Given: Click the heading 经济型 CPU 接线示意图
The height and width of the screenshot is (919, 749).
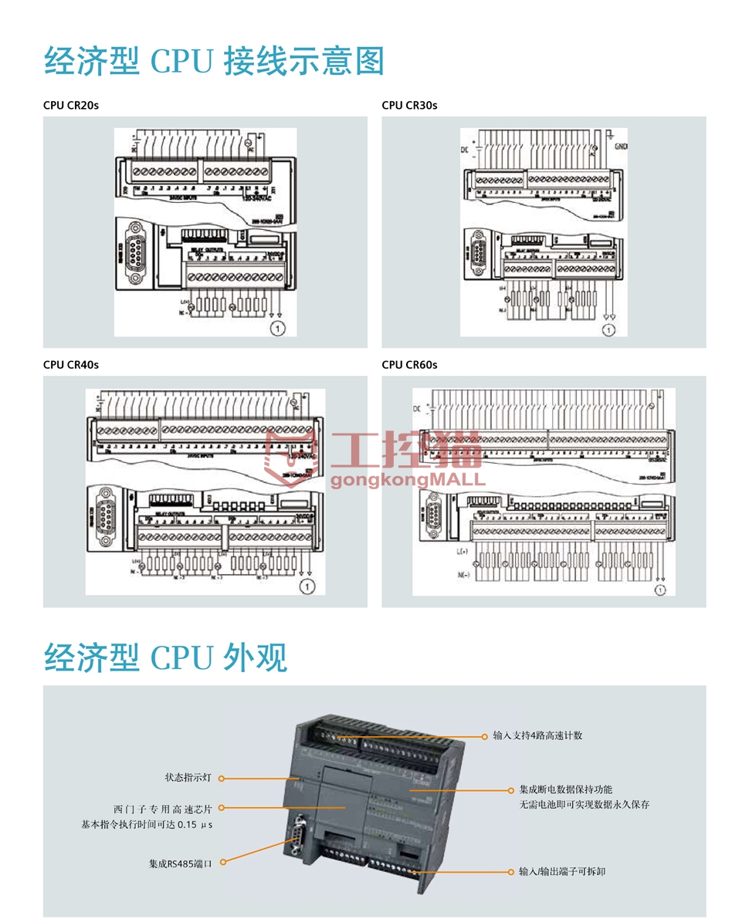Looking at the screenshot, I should [214, 62].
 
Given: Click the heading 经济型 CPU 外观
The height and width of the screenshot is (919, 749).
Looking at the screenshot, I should [165, 657].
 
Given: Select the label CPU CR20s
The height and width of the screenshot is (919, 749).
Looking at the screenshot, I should [71, 105].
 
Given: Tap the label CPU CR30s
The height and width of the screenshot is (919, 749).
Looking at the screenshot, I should [409, 105].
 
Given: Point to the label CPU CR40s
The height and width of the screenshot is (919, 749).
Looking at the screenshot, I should [71, 364].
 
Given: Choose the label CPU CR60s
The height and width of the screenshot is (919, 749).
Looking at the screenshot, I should [409, 364].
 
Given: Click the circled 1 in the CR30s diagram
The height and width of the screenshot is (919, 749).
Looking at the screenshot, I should [609, 330].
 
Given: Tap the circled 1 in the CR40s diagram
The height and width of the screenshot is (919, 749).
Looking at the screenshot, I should [308, 587].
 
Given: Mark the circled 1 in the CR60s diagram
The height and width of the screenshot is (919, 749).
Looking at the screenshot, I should [660, 590].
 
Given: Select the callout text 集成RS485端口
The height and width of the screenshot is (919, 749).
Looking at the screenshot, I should [180, 863].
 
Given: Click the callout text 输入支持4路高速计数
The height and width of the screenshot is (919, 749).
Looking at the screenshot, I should [537, 735].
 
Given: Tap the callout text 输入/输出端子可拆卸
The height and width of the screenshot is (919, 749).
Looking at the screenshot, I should [562, 871].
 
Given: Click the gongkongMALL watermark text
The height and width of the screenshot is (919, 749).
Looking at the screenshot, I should [408, 479].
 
